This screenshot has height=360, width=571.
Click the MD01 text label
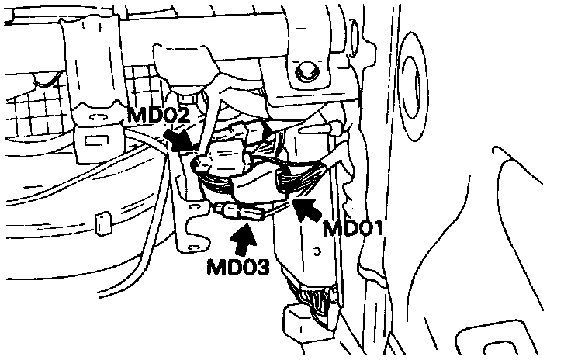pyautogui.click(x=354, y=229)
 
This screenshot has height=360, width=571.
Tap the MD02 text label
pyautogui.click(x=158, y=116)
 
